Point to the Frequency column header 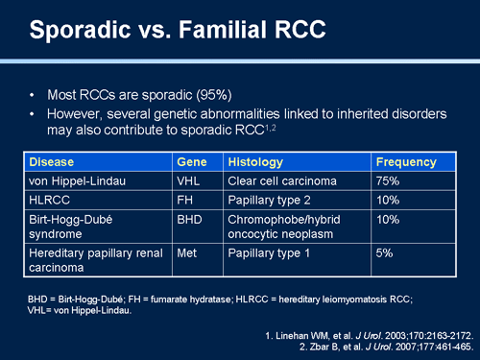406,162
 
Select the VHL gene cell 190,180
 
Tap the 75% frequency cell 389,180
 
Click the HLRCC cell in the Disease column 51,200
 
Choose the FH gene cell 186,200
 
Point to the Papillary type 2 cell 270,200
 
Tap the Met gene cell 189,254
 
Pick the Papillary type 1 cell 270,254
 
